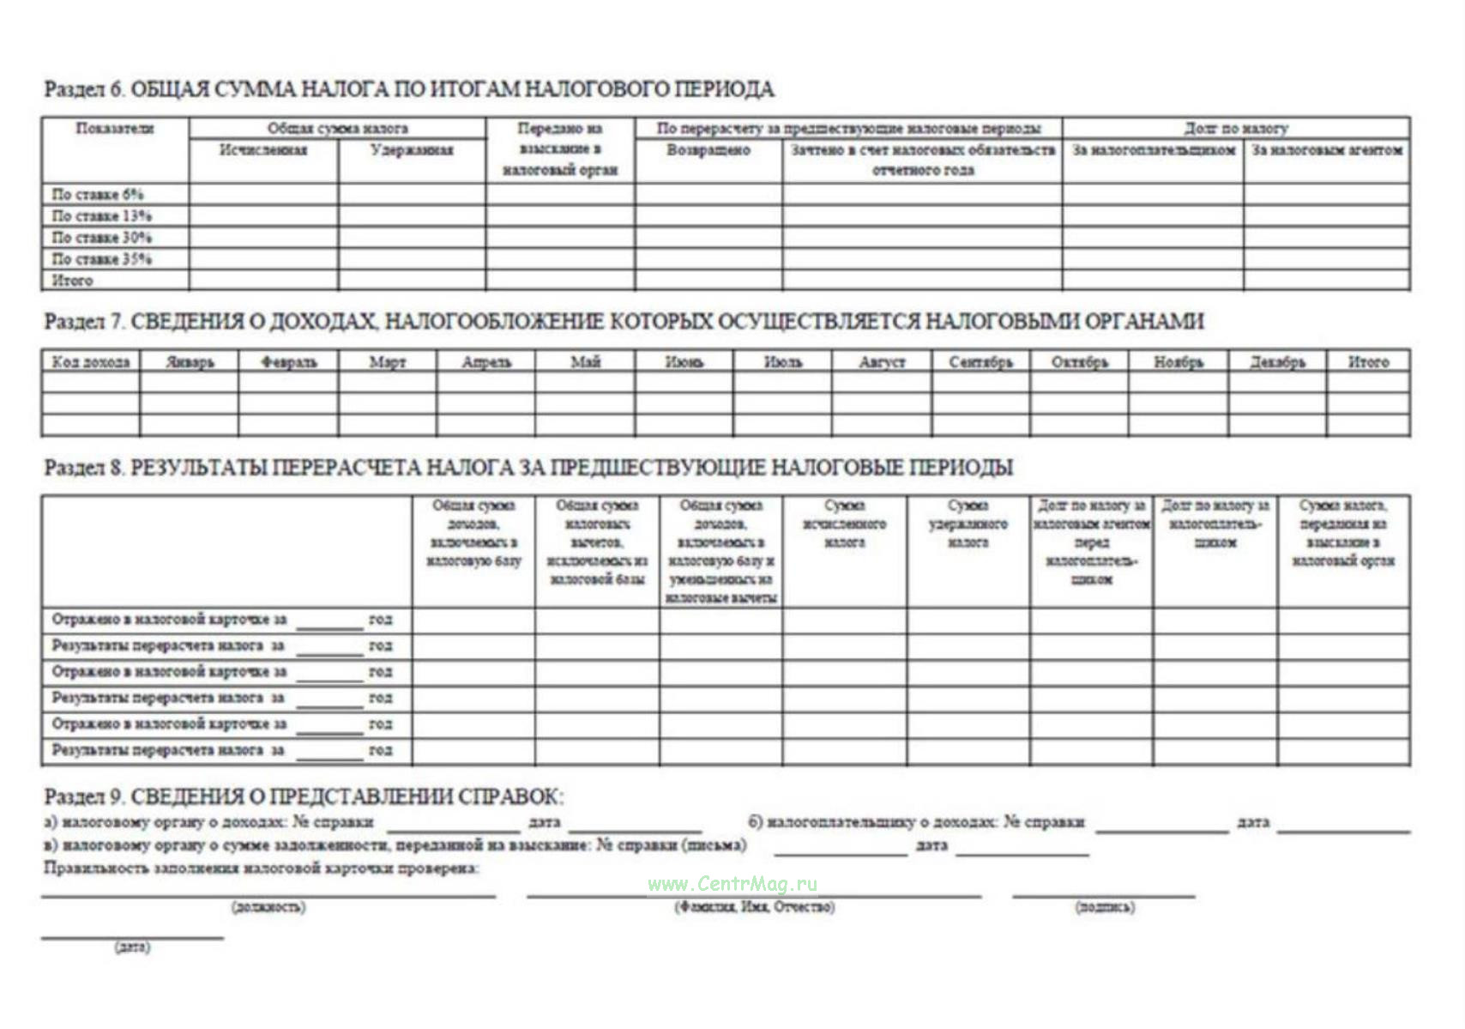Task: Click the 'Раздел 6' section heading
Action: (408, 89)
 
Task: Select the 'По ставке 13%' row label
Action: (101, 215)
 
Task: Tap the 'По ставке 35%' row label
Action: (101, 258)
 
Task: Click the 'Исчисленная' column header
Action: (263, 150)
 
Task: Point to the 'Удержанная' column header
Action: (412, 150)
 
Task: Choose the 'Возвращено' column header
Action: (708, 150)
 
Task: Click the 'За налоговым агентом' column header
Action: (1327, 150)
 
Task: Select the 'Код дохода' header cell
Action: (91, 362)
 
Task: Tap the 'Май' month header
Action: (585, 362)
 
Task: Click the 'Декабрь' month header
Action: (1277, 362)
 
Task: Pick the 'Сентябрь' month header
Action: (980, 362)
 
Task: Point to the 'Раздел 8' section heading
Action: (528, 468)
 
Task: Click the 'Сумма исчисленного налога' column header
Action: (844, 524)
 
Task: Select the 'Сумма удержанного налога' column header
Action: (968, 524)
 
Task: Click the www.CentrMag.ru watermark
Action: (732, 884)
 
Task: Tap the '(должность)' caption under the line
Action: (268, 907)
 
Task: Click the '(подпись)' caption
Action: (1104, 907)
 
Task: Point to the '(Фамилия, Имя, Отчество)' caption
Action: (754, 907)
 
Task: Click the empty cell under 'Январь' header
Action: (190, 383)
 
